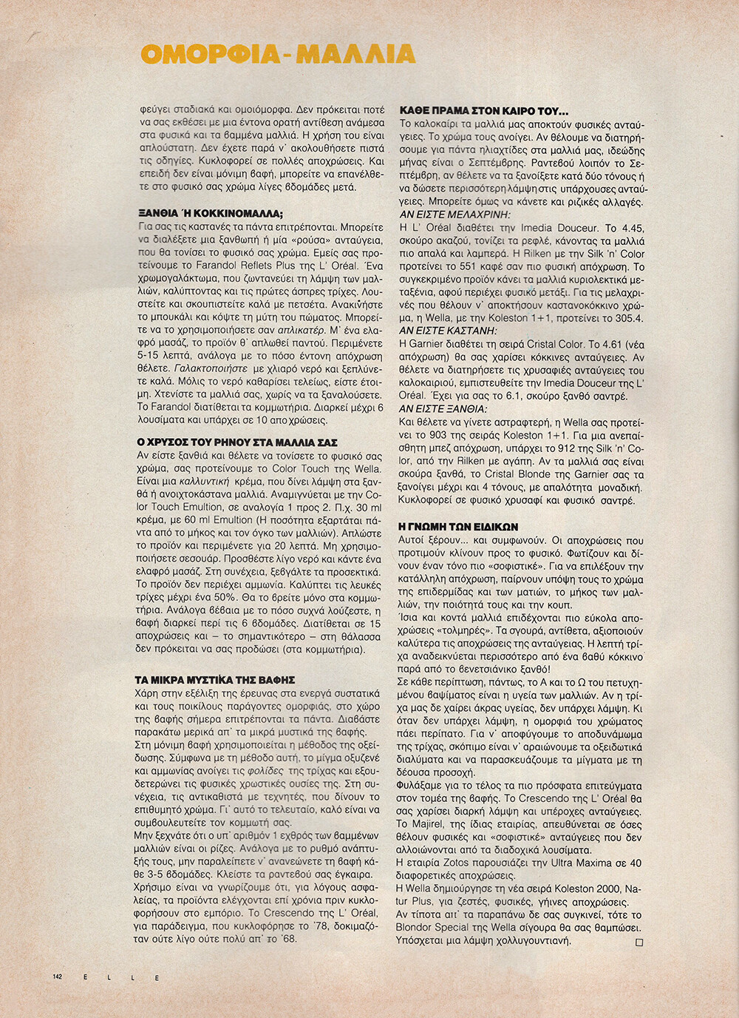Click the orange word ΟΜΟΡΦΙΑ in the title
point(205,54)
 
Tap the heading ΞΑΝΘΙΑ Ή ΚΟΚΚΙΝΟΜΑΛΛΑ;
point(210,214)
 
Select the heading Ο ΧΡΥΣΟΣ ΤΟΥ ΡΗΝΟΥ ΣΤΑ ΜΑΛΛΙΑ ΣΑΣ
point(237,442)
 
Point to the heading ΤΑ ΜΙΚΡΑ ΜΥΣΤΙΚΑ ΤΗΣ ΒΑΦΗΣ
point(215,680)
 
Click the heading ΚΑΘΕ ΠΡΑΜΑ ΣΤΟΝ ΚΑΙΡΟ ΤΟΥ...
point(483,111)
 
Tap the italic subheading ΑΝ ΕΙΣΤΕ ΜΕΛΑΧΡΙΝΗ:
point(454,215)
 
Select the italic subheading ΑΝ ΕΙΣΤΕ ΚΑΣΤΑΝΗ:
point(448,331)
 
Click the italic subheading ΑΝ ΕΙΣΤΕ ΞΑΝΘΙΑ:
point(443,408)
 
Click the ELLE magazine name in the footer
point(121,977)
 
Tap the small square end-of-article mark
point(639,943)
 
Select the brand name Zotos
point(467,863)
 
